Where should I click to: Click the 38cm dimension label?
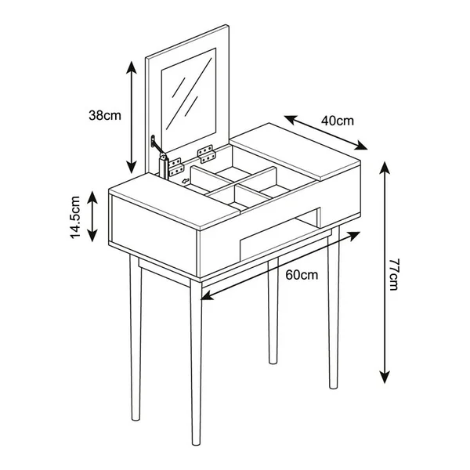tap(105, 115)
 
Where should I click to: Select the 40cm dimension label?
tap(338, 121)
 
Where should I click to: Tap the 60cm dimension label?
tap(302, 275)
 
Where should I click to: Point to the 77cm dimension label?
tap(393, 274)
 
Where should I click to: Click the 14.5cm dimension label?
tap(75, 217)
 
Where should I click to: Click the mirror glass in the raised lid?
tap(189, 98)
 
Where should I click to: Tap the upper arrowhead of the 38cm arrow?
tap(132, 67)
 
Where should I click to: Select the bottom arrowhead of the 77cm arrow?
tap(385, 377)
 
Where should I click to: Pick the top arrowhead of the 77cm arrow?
tap(385, 168)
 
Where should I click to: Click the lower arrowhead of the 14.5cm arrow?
tap(92, 235)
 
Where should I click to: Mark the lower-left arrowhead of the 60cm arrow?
tap(207, 296)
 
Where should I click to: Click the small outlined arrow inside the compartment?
tap(186, 181)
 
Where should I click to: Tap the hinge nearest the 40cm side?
tap(207, 154)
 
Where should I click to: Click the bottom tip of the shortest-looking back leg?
tap(273, 362)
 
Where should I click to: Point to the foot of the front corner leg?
tap(196, 442)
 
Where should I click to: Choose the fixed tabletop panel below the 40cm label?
tap(295, 151)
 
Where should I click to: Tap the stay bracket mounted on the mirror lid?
tap(154, 141)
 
